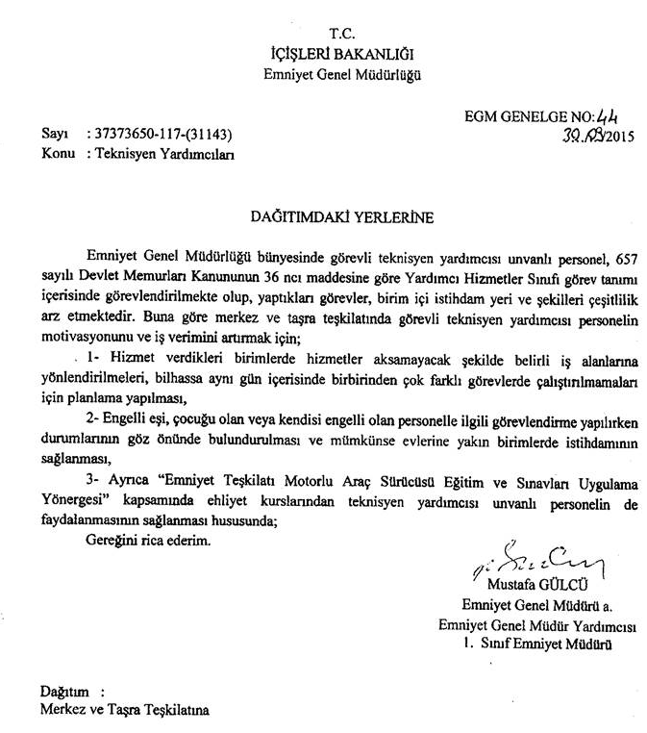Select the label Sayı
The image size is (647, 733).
55,135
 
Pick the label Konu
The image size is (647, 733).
58,153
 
